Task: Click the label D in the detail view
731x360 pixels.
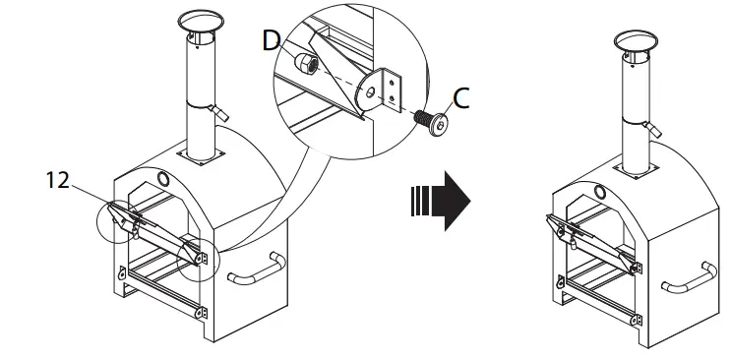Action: [272, 40]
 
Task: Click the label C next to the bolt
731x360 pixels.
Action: [459, 97]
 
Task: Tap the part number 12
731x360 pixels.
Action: [57, 179]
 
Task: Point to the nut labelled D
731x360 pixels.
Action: [306, 66]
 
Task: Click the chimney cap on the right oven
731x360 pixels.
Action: [634, 41]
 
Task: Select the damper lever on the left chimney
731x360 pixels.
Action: [223, 113]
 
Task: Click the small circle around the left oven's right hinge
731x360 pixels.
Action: [198, 255]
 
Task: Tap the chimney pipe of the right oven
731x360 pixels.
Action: [633, 108]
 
